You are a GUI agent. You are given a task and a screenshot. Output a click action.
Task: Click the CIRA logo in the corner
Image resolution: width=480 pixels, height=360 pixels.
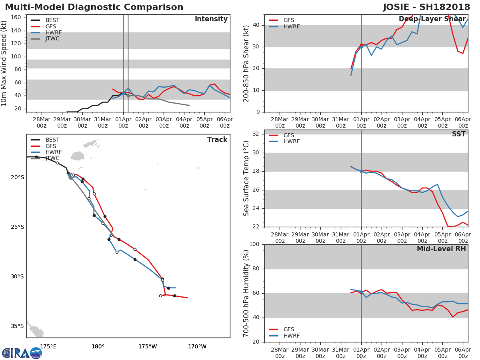(22, 353)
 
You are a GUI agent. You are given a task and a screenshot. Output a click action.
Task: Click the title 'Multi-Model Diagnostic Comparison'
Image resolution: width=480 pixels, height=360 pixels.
(94, 7)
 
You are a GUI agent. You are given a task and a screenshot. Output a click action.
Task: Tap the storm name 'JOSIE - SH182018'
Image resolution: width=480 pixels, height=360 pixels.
(426, 7)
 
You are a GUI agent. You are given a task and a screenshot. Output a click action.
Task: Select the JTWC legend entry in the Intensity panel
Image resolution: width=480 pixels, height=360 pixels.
(45, 39)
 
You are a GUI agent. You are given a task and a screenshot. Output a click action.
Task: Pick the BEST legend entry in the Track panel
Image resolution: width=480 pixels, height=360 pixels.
(45, 140)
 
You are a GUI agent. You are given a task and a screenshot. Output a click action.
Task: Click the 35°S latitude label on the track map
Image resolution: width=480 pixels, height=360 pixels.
(17, 326)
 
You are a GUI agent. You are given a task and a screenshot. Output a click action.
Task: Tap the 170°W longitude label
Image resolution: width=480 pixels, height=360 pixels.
(197, 346)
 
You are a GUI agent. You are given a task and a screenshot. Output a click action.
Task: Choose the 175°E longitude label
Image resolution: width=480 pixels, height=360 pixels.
(48, 346)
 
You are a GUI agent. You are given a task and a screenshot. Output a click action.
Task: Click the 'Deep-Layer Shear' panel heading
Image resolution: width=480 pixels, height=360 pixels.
(432, 19)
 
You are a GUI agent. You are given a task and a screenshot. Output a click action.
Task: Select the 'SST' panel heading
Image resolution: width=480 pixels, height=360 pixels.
(459, 134)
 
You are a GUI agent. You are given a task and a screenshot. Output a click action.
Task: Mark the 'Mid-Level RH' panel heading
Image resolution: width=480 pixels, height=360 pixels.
(441, 249)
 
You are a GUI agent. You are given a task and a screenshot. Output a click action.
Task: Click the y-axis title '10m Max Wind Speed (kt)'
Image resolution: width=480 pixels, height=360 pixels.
(4, 63)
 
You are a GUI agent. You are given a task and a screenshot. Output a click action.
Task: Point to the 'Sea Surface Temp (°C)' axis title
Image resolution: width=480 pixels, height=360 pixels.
(246, 178)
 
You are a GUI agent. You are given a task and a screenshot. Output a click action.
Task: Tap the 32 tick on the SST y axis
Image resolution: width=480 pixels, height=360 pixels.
(256, 134)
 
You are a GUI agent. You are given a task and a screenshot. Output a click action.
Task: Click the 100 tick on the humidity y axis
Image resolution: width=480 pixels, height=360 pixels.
(254, 244)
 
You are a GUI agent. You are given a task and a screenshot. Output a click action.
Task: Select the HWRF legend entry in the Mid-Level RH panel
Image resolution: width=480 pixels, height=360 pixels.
(284, 336)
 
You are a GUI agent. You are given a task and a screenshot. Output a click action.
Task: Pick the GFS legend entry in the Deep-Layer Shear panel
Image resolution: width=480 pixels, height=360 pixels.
(282, 20)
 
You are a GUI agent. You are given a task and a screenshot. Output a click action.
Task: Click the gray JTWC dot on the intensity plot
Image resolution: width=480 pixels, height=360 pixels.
(128, 96)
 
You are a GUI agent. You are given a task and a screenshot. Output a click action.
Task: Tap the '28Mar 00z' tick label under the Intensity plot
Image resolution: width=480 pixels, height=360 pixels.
(42, 123)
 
